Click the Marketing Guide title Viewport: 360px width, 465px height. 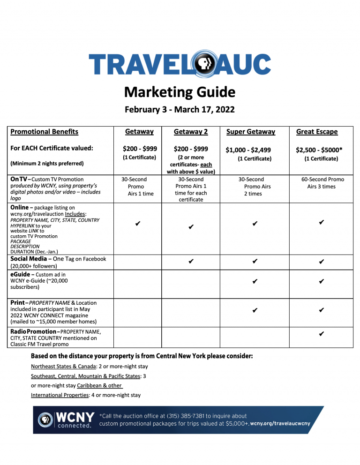pos(180,92)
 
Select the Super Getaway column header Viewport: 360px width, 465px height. pos(250,132)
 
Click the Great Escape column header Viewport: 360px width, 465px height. pos(316,132)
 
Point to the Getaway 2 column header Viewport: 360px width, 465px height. pos(191,132)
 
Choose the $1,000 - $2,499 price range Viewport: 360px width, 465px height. pos(248,150)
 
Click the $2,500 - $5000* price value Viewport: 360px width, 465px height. pos(319,150)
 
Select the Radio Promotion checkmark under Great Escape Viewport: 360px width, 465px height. pos(322,334)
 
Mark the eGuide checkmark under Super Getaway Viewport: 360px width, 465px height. pos(254,282)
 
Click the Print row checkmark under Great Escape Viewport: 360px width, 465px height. pos(322,310)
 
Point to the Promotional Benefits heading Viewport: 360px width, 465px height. pos(44,132)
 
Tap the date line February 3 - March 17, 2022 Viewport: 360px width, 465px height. pos(180,110)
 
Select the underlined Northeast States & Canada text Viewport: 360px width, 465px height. pos(60,366)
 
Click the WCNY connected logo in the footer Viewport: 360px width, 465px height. pos(65,419)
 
